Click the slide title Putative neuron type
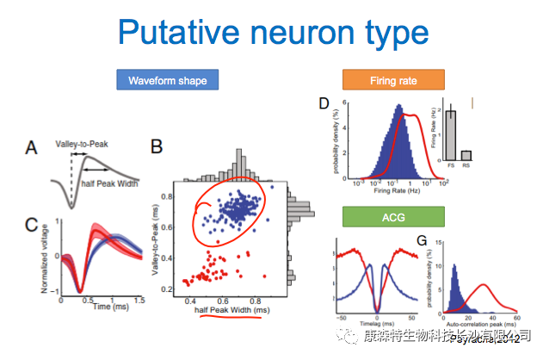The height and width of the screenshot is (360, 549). (273, 32)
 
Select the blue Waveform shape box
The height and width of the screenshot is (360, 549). (168, 81)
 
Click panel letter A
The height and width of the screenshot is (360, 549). (31, 148)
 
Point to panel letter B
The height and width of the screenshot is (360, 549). (157, 147)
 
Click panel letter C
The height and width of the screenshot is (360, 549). (31, 227)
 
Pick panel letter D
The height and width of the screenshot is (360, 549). (324, 105)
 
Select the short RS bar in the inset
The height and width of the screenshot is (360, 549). (466, 155)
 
